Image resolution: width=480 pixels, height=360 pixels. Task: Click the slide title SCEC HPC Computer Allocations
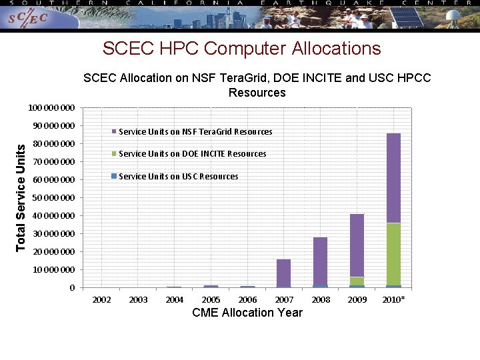pyautogui.click(x=241, y=49)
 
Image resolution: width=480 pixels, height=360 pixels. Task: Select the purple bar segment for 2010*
pyautogui.click(x=393, y=177)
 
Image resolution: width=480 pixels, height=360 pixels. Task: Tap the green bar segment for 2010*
pyautogui.click(x=393, y=254)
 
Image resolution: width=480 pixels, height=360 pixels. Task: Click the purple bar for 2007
pyautogui.click(x=283, y=273)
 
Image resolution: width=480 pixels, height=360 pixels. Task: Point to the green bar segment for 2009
pyautogui.click(x=357, y=281)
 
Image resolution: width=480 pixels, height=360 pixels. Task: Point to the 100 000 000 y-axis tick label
pyautogui.click(x=51, y=108)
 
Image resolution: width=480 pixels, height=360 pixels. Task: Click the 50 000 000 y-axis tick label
pyautogui.click(x=51, y=198)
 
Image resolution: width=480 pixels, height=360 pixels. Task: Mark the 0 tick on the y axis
pyautogui.click(x=71, y=288)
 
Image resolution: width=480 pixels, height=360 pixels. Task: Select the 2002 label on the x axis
pyautogui.click(x=101, y=300)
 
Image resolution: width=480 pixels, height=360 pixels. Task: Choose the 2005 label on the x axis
pyautogui.click(x=211, y=300)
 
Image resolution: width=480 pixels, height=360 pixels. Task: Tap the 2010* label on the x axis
pyautogui.click(x=393, y=300)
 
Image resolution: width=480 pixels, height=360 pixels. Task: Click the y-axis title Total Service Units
pyautogui.click(x=21, y=198)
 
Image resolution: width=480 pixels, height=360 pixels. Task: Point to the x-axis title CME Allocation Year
pyautogui.click(x=247, y=313)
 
